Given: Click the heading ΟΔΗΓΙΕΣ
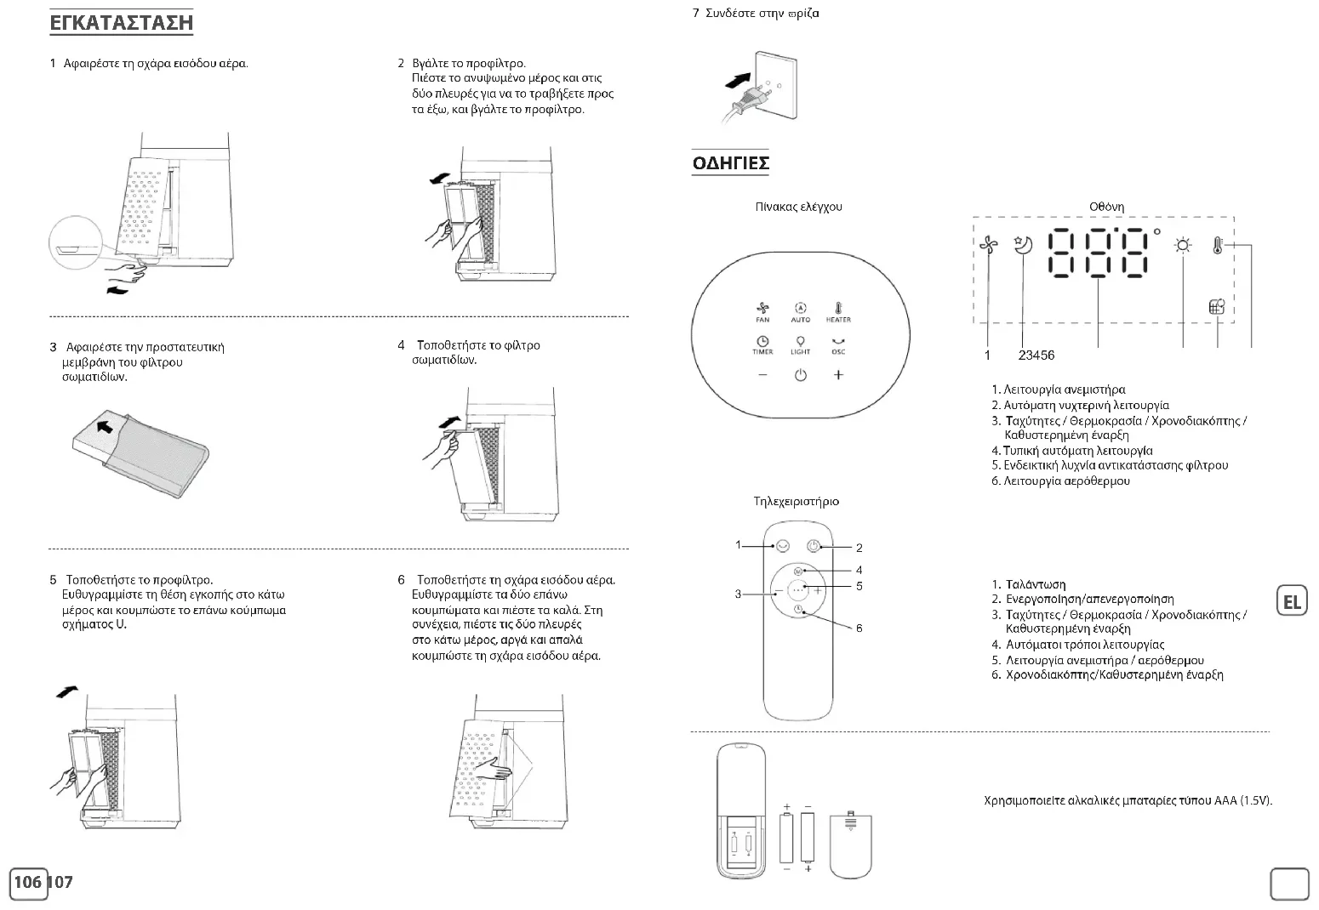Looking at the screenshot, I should coord(731,162).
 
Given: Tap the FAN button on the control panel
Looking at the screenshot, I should coord(762,312).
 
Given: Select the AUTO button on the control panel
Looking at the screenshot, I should coord(800,312).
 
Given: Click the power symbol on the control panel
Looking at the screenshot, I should coord(800,375).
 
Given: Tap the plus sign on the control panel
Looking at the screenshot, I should coord(838,375).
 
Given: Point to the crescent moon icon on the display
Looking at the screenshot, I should coord(1023,245).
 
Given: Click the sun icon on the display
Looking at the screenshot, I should coord(1183,246).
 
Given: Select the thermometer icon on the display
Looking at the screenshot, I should coord(1218,246).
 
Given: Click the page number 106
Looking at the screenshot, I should coord(28,882).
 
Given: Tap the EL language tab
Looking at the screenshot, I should coord(1292,602).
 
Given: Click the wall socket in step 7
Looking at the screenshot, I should coord(773,89).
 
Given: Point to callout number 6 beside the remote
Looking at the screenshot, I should coord(859,628).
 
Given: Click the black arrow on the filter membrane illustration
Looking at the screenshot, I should coord(104,425).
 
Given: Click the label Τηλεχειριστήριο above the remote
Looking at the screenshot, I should coord(797,501).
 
